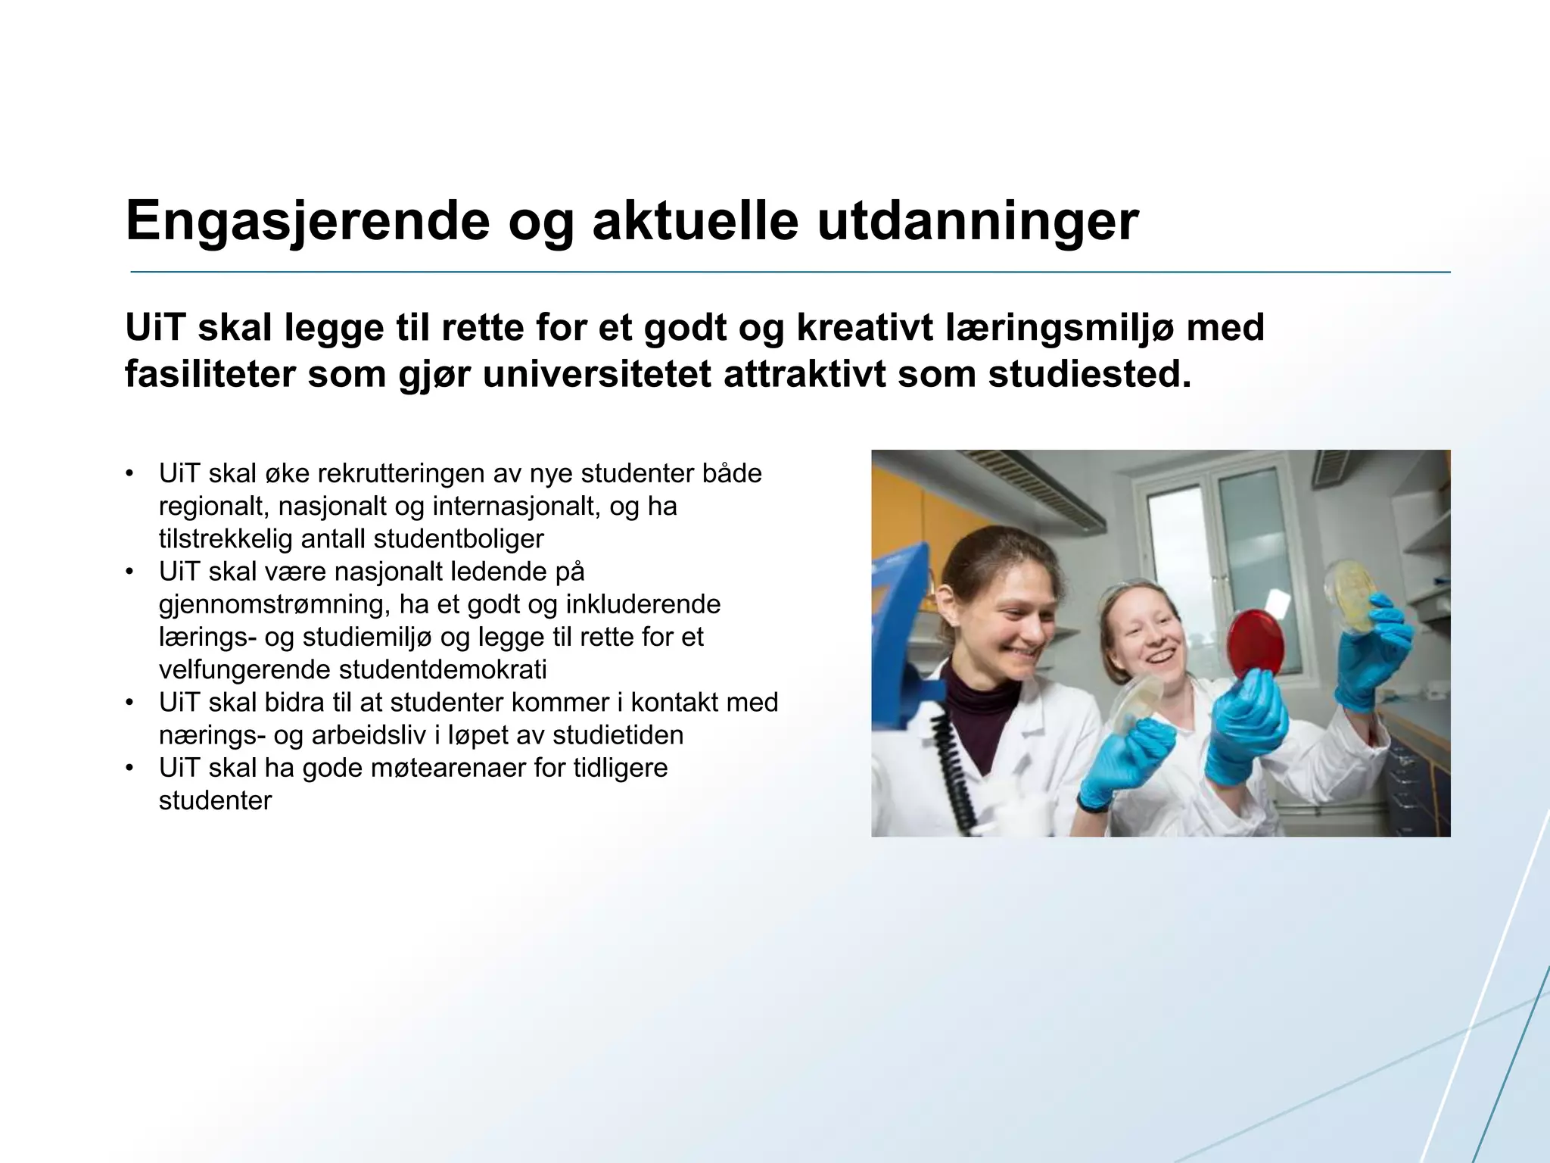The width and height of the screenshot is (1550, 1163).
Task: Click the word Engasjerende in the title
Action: pos(307,222)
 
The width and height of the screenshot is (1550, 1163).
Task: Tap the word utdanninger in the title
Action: pos(978,222)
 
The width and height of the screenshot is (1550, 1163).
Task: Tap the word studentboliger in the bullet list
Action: pos(458,539)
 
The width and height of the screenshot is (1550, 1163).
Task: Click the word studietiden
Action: pos(618,735)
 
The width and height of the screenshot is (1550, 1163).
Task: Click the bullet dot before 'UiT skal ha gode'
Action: pos(130,769)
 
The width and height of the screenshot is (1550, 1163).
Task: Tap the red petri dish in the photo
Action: pos(1255,644)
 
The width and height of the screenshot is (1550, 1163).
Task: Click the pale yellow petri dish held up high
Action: pos(1349,595)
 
